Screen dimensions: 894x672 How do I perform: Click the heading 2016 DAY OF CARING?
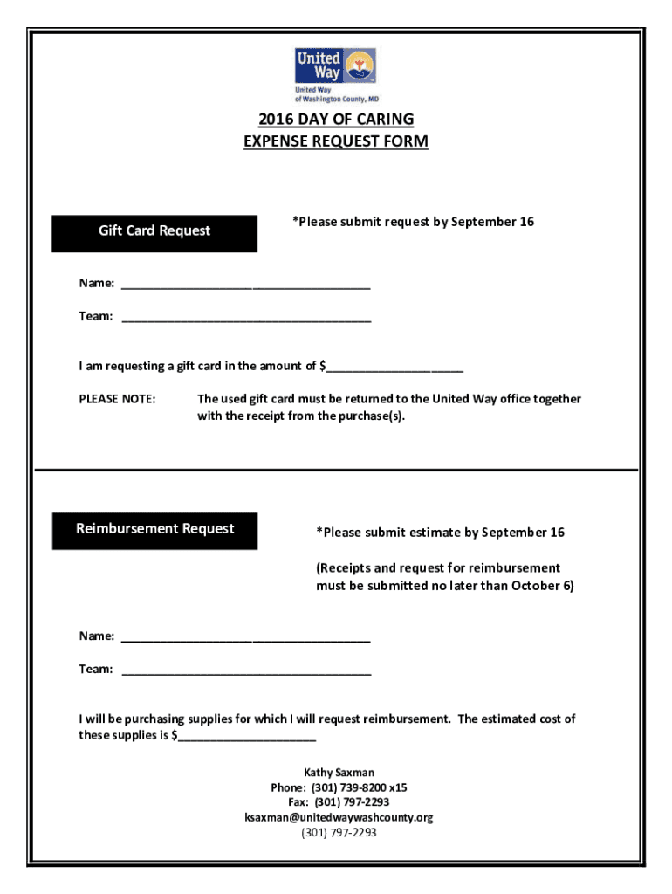pos(336,120)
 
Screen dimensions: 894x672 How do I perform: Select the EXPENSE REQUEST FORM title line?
pos(336,141)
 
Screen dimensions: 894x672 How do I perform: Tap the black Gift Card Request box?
pos(154,232)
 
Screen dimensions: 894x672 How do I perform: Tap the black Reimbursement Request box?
pos(154,530)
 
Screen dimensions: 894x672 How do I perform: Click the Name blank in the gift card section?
pos(246,285)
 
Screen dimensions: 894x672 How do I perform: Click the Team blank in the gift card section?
pos(246,318)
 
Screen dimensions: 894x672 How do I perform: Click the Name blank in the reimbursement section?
pos(246,637)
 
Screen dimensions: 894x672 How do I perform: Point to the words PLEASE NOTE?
pos(118,399)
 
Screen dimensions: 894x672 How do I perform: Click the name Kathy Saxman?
pos(339,773)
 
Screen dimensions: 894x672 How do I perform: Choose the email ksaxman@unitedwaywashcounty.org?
pos(339,818)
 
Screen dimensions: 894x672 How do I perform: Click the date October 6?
pos(542,586)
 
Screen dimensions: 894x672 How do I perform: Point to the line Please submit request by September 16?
pos(413,222)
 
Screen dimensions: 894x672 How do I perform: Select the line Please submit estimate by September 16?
pos(440,533)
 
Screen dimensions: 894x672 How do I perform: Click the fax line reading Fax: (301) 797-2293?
pos(339,802)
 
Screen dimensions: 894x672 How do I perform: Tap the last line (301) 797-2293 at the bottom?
pos(339,833)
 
